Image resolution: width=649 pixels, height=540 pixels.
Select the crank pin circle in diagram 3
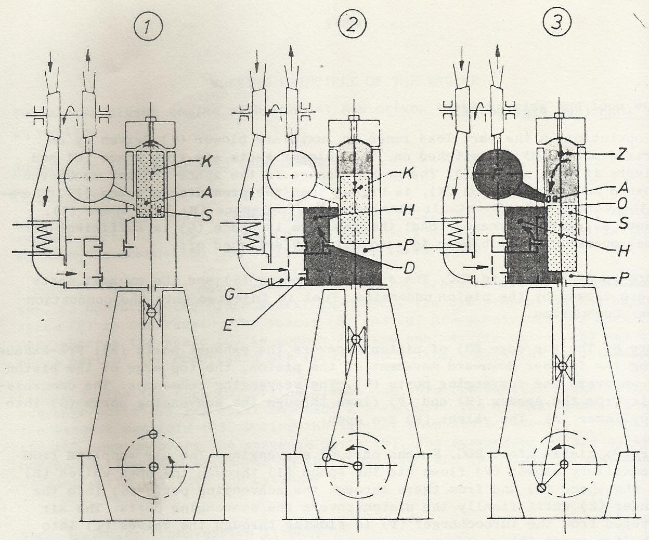(541, 488)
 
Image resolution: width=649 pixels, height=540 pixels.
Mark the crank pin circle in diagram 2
(327, 457)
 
